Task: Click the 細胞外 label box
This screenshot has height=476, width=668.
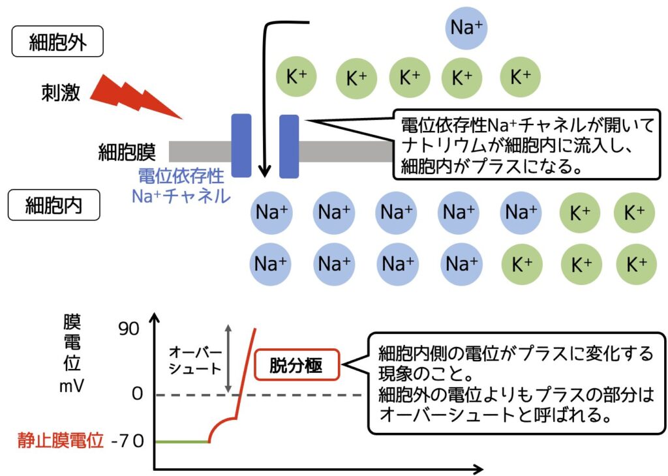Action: (58, 43)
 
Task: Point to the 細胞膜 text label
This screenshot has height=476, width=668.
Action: (127, 152)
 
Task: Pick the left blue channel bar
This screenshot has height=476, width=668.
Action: (241, 145)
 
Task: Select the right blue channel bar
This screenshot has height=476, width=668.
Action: (289, 145)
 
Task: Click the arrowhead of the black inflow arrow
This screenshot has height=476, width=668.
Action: (264, 171)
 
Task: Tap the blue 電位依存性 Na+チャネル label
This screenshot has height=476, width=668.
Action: (181, 186)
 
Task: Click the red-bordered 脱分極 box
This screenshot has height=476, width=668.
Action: (297, 366)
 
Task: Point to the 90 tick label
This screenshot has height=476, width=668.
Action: (129, 329)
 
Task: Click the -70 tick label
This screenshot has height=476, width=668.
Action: (127, 441)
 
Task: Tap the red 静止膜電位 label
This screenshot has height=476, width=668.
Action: (60, 441)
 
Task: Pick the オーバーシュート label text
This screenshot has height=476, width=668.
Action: (195, 360)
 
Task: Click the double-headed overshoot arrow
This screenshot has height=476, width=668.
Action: (228, 359)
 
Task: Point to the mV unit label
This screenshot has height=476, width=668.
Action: (72, 385)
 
